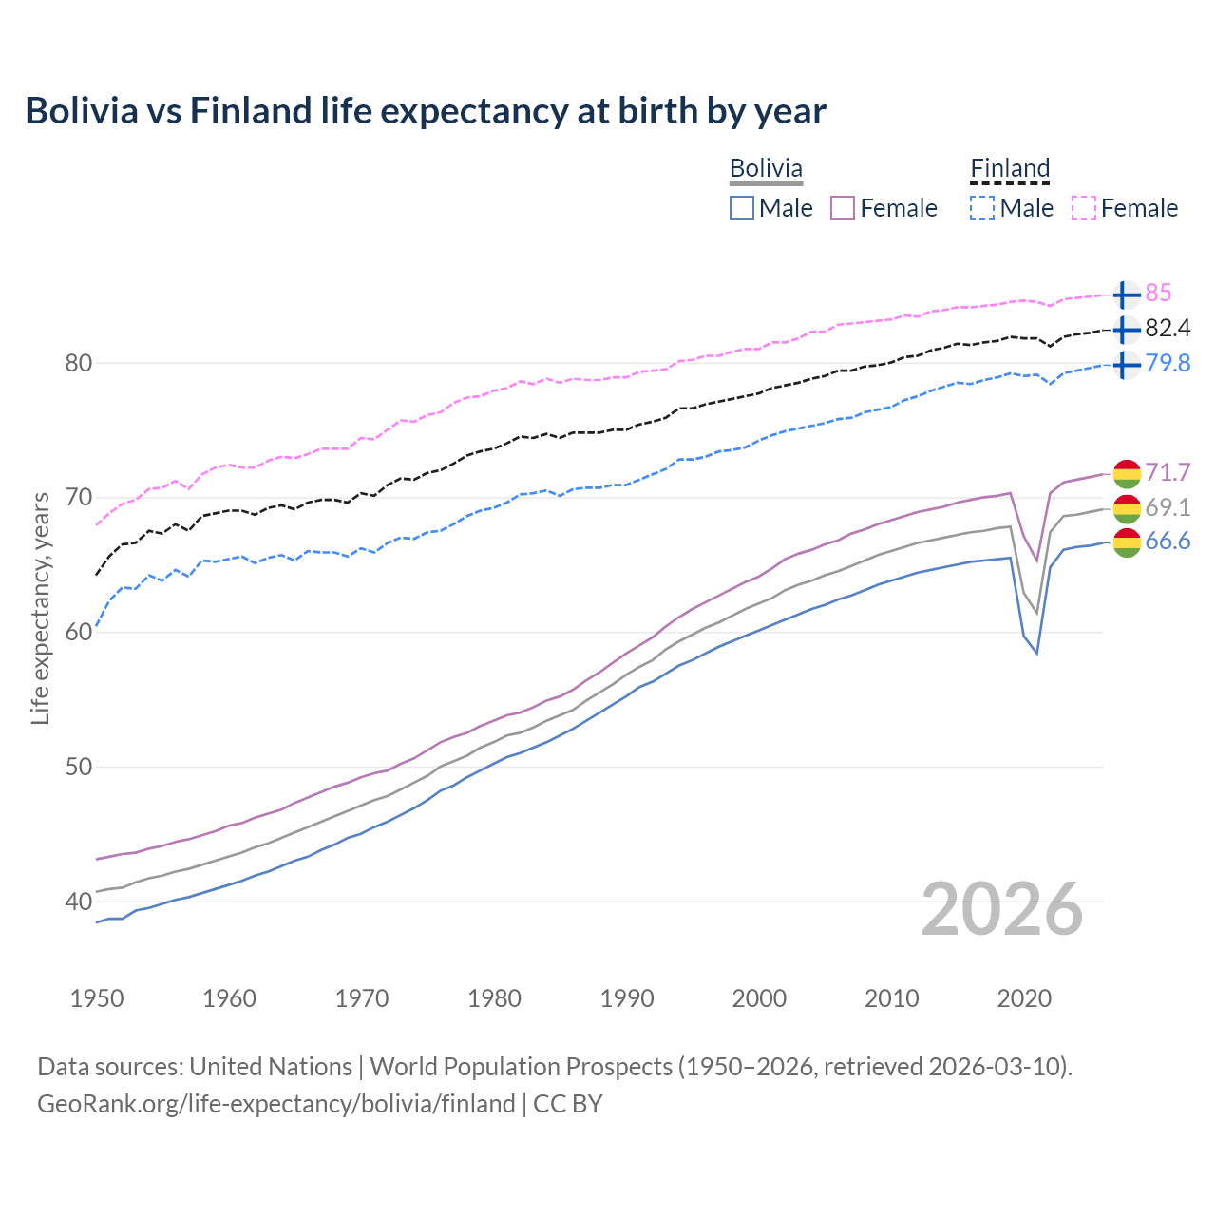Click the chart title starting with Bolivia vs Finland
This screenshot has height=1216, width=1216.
[x=426, y=111]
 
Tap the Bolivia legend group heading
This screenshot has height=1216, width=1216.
[x=766, y=168]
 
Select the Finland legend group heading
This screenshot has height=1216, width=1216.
[x=1010, y=168]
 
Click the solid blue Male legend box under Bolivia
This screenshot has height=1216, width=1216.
[x=742, y=208]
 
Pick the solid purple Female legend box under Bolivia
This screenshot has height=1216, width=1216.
[x=843, y=208]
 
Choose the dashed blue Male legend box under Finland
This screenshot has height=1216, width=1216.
[x=982, y=208]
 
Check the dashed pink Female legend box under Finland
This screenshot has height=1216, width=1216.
[x=1084, y=208]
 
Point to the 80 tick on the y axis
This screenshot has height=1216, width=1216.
[x=79, y=363]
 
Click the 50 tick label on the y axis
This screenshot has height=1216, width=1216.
[x=79, y=767]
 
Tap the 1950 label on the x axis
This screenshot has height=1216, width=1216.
[x=97, y=998]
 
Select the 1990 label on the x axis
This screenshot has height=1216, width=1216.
[x=627, y=998]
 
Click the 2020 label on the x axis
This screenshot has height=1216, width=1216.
[x=1024, y=998]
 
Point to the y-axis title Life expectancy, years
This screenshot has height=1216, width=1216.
[x=40, y=608]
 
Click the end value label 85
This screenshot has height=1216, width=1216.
[x=1158, y=293]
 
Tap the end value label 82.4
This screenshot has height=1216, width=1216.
[x=1168, y=328]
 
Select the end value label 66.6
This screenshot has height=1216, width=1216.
[x=1168, y=541]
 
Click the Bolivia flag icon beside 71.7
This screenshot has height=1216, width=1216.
[x=1127, y=472]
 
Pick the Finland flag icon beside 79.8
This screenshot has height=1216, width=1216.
[x=1127, y=364]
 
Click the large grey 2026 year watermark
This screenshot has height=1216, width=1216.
[x=1002, y=909]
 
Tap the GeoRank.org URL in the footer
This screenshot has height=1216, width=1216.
[x=275, y=1103]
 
